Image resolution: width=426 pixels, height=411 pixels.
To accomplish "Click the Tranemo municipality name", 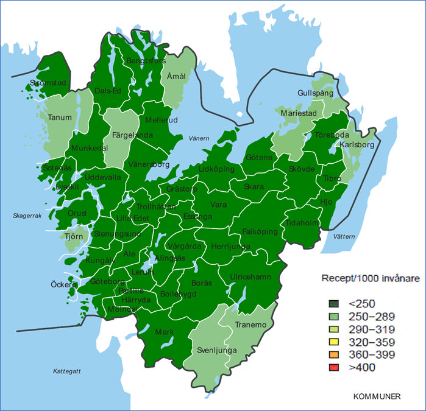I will pyautogui.click(x=251, y=325).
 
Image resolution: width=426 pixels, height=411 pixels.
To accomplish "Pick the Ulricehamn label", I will pyautogui.click(x=251, y=276).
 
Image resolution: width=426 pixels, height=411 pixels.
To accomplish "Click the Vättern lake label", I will pyautogui.click(x=344, y=236).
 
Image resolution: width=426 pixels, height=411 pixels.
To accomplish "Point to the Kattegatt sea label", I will pyautogui.click(x=67, y=371).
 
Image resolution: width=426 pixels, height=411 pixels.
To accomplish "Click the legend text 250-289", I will pyautogui.click(x=371, y=317).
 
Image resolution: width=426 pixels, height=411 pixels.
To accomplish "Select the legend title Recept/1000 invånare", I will pyautogui.click(x=369, y=279).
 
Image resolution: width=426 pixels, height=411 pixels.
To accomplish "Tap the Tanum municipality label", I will pyautogui.click(x=60, y=118).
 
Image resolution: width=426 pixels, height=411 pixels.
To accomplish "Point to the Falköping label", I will pyautogui.click(x=260, y=231).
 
